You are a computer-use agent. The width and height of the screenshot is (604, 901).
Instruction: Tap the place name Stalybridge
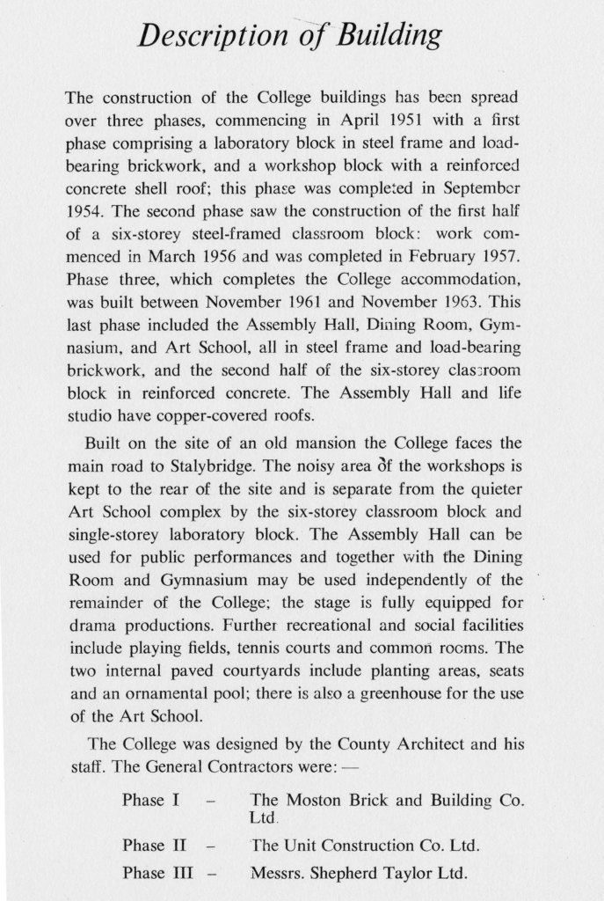pyautogui.click(x=188, y=465)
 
